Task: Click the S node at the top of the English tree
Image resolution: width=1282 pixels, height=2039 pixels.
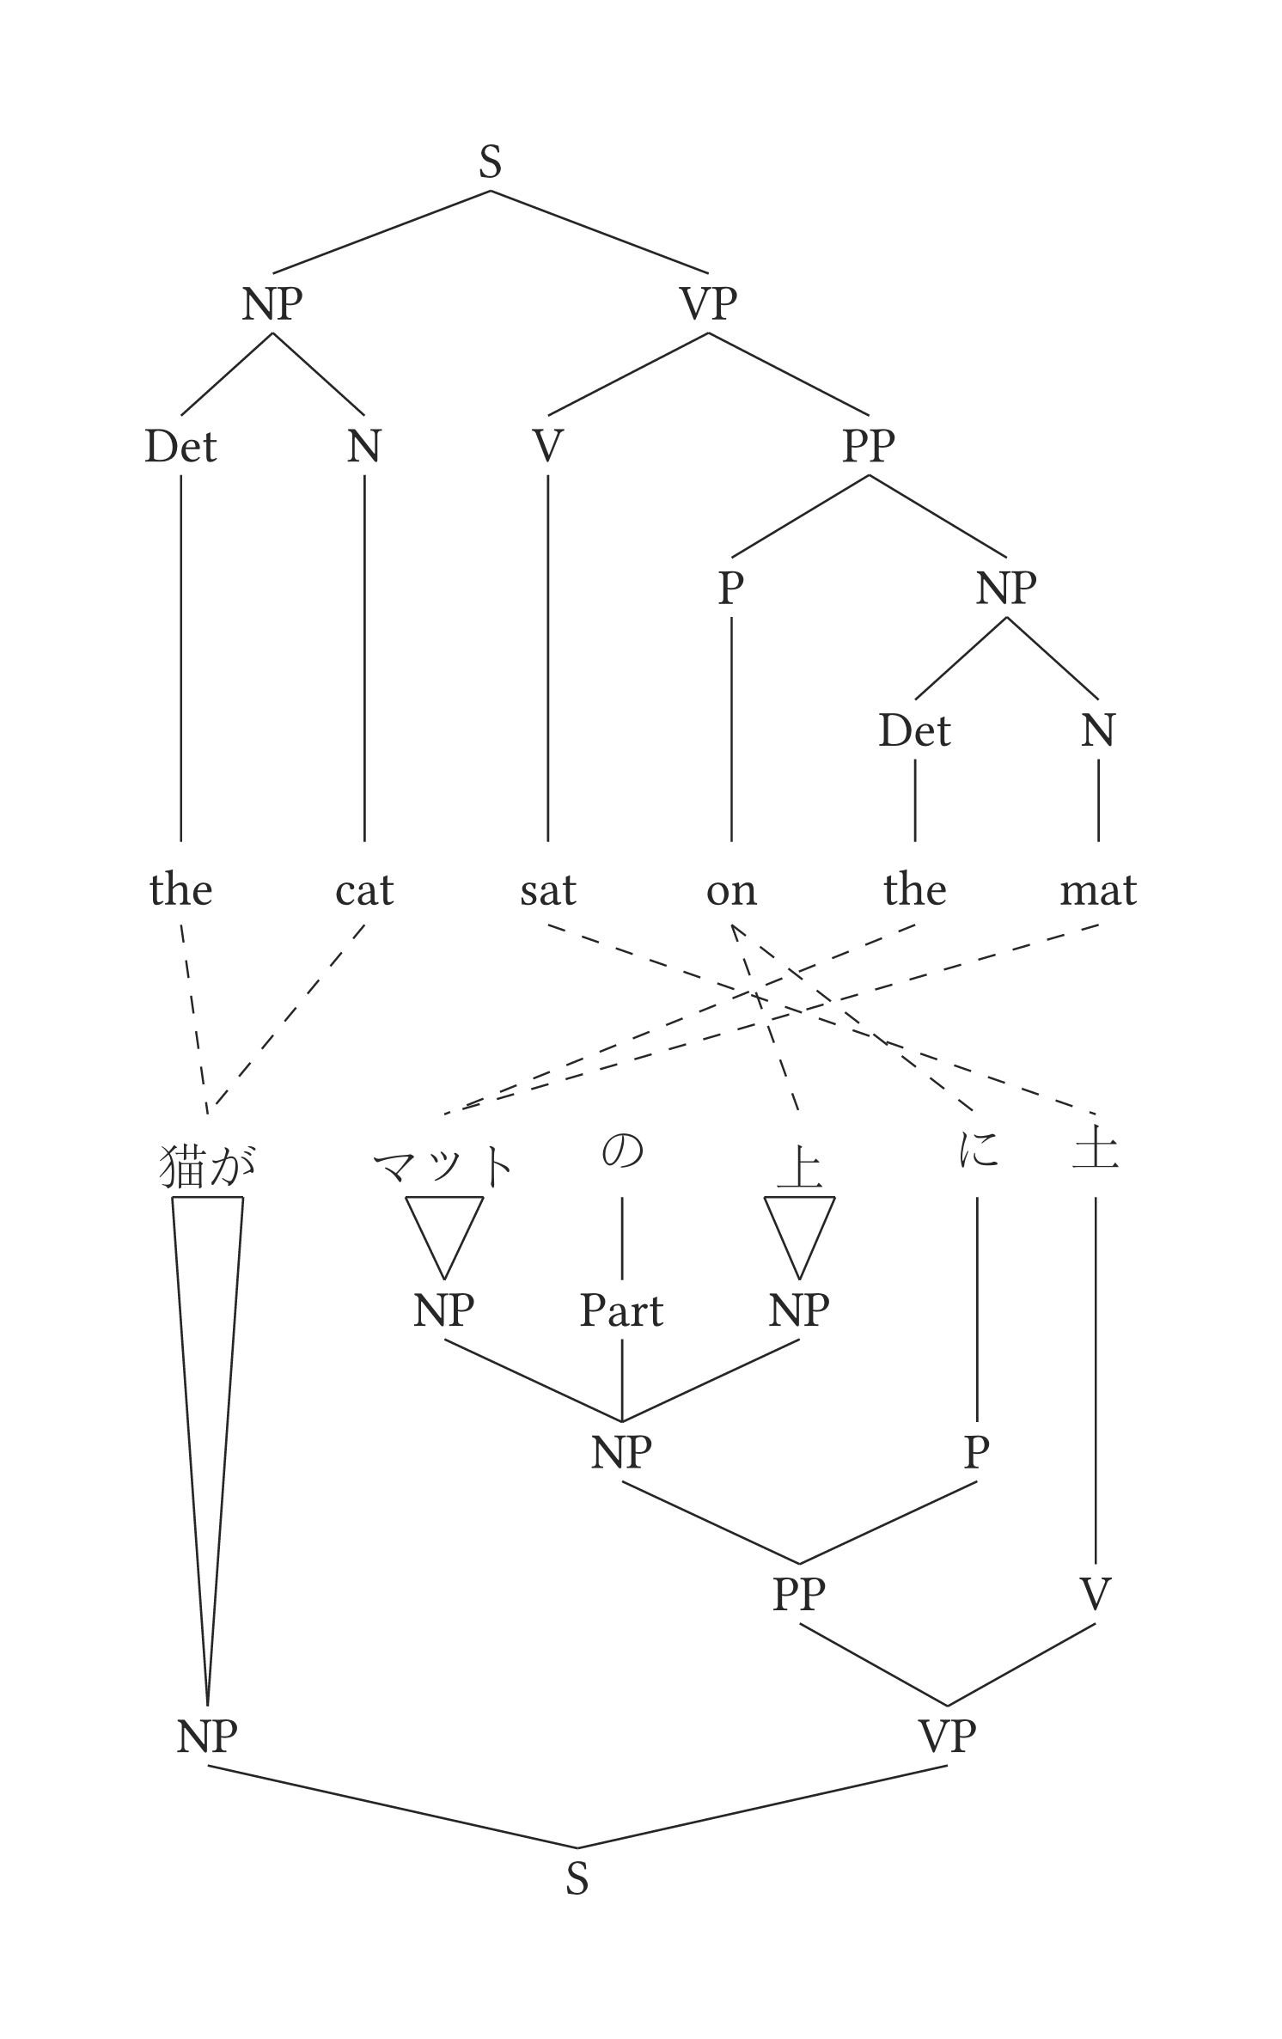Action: tap(490, 162)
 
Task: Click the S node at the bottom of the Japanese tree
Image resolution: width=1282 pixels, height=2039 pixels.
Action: tap(577, 1879)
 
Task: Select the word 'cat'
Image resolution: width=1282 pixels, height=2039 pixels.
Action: tap(364, 890)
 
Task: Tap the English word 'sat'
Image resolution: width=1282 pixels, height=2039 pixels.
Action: tap(547, 890)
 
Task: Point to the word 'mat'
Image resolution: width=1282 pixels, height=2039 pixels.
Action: tap(1098, 890)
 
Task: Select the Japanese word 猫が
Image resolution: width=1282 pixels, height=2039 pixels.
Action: tap(208, 1167)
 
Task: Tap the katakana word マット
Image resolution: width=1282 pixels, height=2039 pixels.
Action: tap(443, 1166)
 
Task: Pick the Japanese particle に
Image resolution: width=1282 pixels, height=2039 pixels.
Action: tap(978, 1150)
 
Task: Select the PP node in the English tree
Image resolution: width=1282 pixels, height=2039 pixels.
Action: tap(869, 445)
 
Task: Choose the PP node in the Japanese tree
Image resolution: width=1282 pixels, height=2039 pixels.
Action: tap(799, 1595)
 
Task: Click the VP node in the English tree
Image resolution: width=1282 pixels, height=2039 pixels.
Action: tap(708, 303)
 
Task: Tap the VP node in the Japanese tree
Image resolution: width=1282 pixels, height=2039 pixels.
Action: tap(947, 1737)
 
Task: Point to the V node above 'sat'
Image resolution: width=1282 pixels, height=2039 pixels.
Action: tap(547, 446)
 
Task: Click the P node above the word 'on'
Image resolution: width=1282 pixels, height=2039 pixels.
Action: tap(730, 589)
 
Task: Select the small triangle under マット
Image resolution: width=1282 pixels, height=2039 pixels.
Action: tap(444, 1229)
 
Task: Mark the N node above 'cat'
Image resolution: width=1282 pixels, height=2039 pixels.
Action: tap(363, 446)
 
